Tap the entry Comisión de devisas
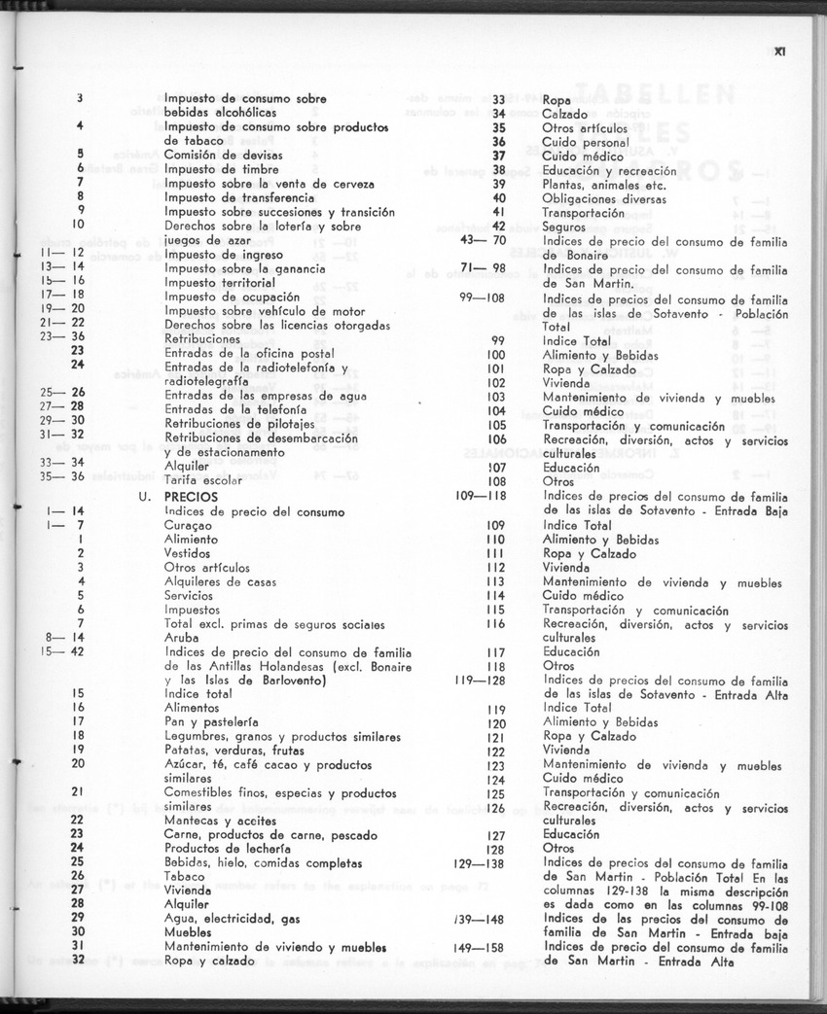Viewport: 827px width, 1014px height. (215, 155)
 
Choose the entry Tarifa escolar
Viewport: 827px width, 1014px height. (202, 480)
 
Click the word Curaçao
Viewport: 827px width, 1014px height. (189, 525)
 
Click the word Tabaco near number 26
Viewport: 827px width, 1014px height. (184, 876)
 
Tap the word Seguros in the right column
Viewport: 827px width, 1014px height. (564, 227)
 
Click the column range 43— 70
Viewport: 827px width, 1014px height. (483, 240)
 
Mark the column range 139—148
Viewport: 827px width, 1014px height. (480, 919)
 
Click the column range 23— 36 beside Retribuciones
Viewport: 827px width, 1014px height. (63, 338)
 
